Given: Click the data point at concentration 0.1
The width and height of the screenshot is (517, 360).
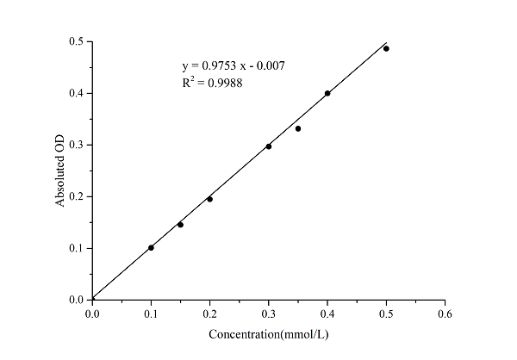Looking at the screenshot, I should [151, 248].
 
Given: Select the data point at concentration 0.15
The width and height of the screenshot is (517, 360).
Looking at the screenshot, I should [180, 225].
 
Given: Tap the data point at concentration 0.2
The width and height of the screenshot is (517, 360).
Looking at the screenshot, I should [209, 199].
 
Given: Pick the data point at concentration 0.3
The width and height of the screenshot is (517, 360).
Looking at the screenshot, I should [269, 146].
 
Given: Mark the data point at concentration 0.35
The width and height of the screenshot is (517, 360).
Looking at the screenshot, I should [298, 128].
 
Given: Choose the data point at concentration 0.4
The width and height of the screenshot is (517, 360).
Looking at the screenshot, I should [327, 93].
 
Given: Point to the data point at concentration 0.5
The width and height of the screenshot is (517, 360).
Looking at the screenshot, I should [386, 48].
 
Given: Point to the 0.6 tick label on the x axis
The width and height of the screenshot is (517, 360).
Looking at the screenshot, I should [445, 314].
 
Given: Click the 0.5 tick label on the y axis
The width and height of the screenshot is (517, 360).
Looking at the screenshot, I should [76, 41].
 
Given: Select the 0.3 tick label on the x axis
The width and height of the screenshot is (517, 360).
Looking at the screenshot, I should [269, 314].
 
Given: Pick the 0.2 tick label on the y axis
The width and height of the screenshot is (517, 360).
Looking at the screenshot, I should [76, 196].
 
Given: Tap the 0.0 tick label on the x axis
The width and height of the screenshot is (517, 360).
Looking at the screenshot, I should [92, 314].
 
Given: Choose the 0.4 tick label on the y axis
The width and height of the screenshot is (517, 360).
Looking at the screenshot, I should [76, 93].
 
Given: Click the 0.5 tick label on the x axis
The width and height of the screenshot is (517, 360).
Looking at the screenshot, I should [386, 314].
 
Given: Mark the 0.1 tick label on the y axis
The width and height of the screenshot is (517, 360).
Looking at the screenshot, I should [76, 248].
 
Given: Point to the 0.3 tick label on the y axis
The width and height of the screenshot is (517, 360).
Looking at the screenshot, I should [76, 145].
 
